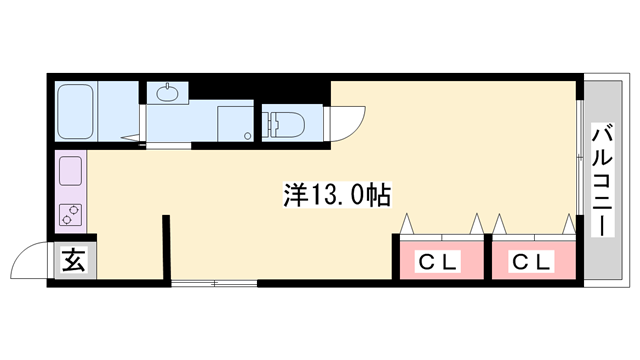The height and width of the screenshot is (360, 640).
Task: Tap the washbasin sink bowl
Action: click(x=165, y=93)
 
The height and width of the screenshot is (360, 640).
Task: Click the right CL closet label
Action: click(x=532, y=262)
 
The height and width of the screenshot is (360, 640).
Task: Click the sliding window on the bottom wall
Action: click(x=214, y=284)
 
